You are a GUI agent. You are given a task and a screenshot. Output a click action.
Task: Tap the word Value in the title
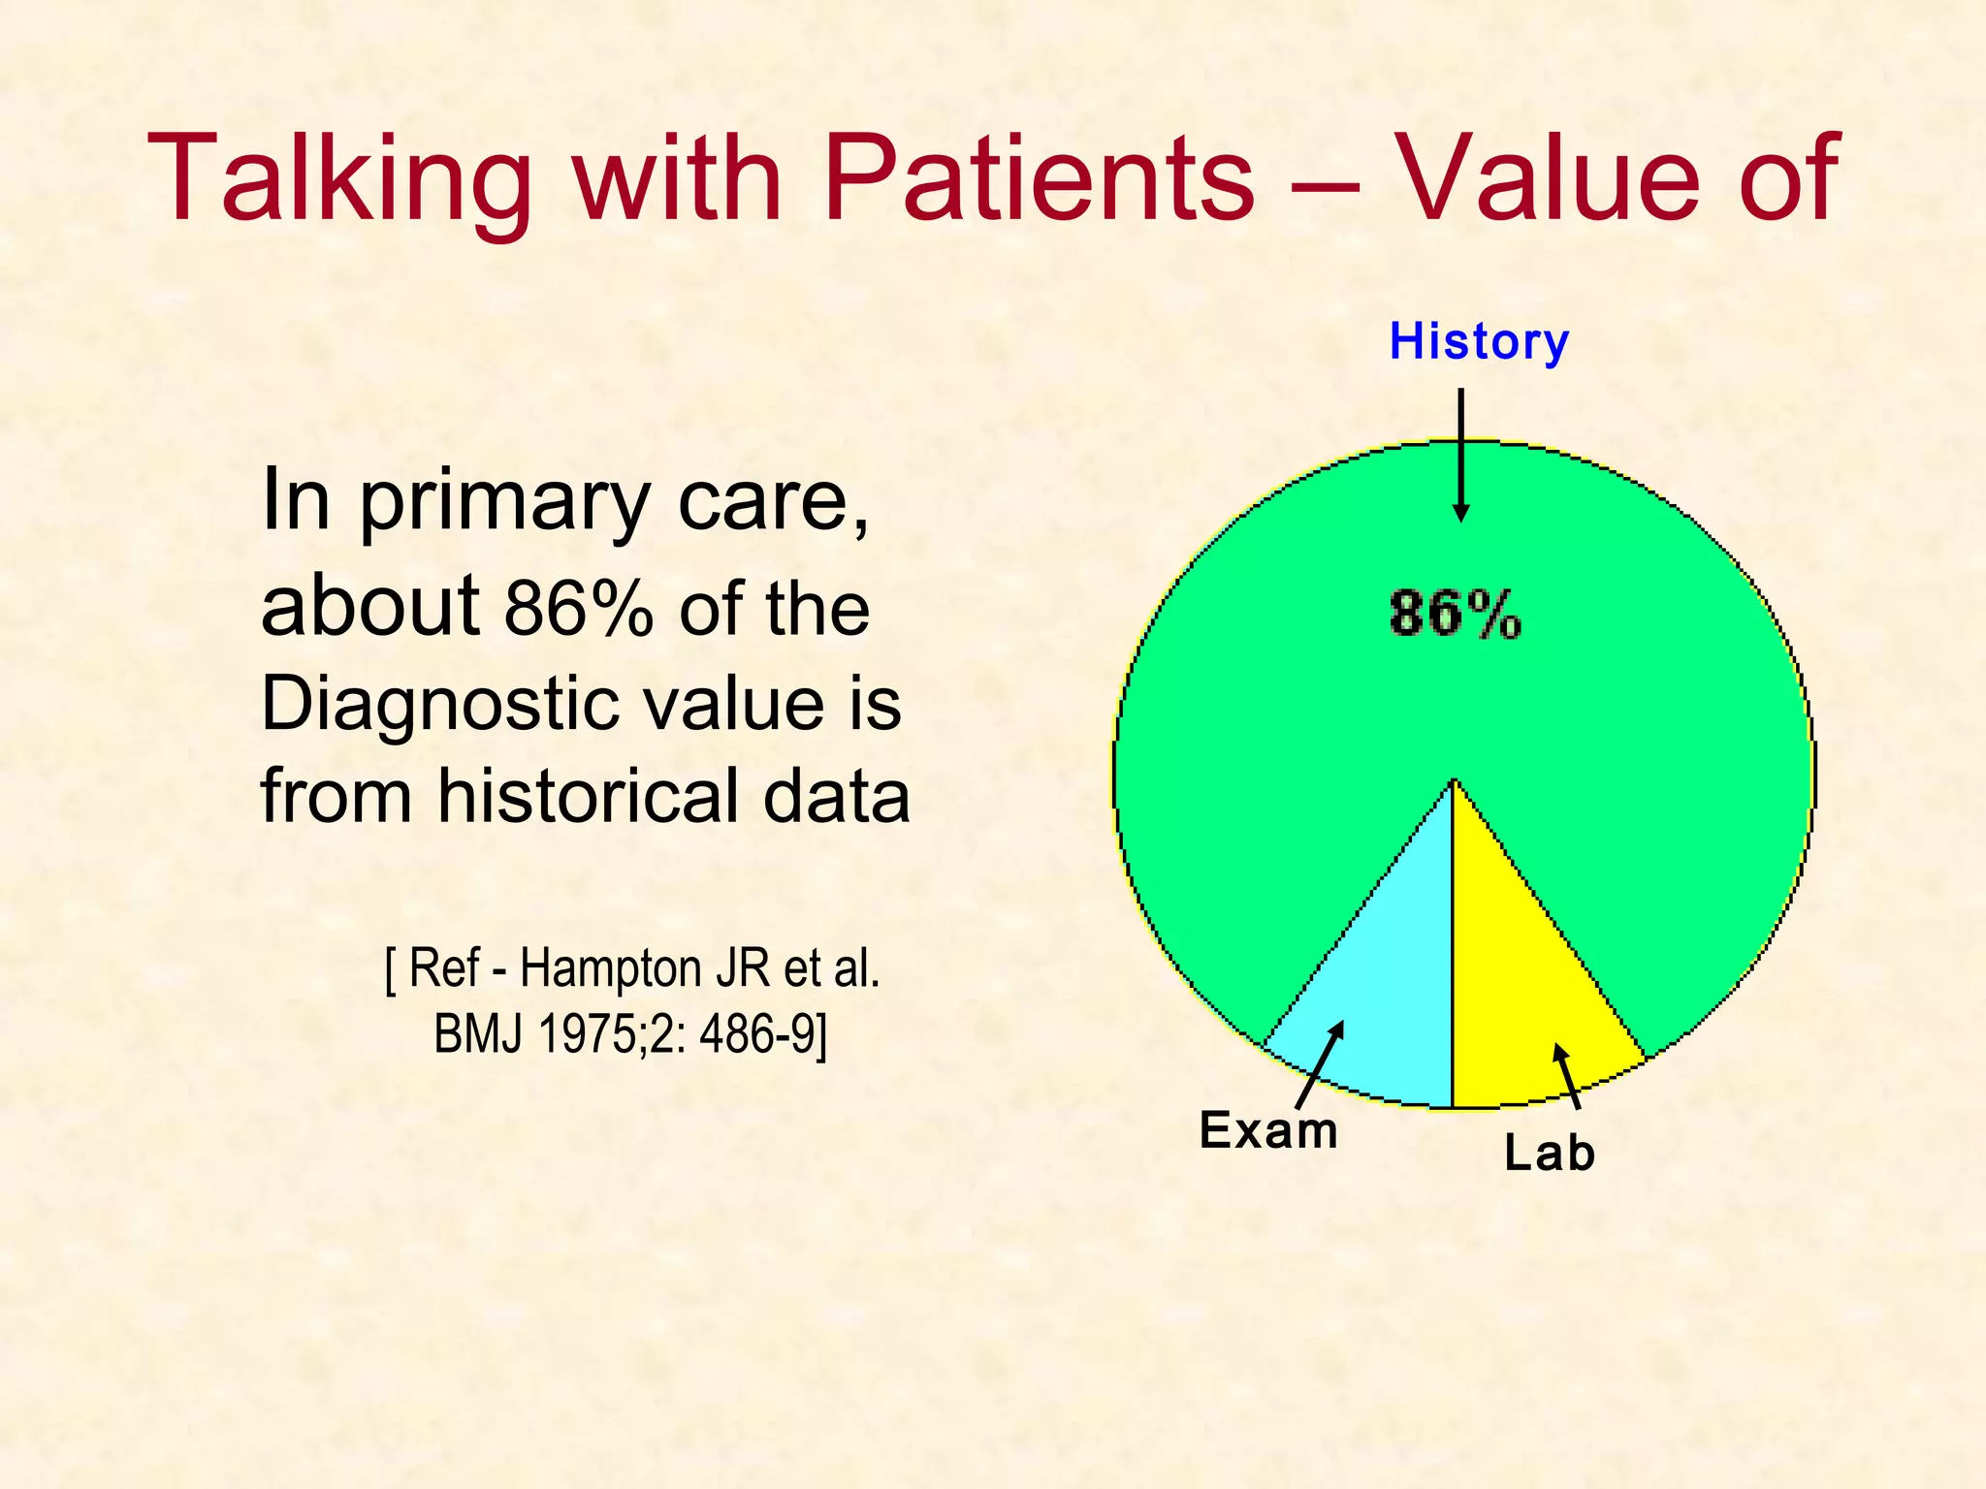(1548, 180)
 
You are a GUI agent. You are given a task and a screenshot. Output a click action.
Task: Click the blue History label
(1478, 341)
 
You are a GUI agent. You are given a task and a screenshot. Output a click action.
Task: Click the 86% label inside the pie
(1455, 614)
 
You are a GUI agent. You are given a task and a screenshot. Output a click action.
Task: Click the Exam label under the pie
(1268, 1130)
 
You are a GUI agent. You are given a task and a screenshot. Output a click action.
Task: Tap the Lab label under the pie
(1549, 1154)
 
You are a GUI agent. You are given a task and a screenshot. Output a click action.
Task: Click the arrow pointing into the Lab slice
(1567, 1076)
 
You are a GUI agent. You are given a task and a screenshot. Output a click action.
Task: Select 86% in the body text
(579, 609)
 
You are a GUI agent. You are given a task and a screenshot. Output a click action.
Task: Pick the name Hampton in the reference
(610, 968)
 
